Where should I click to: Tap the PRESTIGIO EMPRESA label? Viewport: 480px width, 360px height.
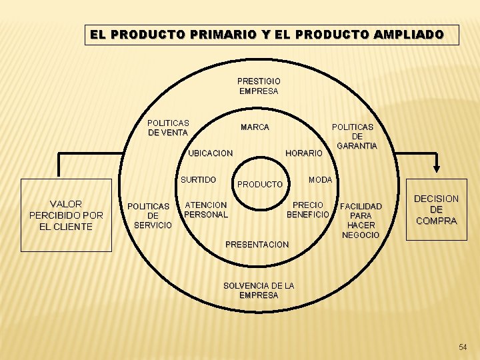coord(259,86)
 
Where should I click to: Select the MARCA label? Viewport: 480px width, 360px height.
coord(255,127)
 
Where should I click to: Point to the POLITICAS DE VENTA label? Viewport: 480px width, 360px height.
coord(168,127)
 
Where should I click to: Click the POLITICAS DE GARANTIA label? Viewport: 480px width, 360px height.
coord(357,136)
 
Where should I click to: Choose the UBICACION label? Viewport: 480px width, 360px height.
coord(210,153)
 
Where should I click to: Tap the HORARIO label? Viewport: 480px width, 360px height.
coord(303,153)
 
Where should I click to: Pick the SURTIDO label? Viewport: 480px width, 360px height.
coord(198,180)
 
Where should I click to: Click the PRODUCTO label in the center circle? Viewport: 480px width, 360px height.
coord(260,184)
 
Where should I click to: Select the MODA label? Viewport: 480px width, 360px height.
coord(320,180)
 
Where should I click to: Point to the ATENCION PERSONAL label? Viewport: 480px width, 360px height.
coord(206,209)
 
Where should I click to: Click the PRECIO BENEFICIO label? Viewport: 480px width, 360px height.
coord(307,209)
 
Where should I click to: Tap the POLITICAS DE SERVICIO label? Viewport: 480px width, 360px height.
coord(153,215)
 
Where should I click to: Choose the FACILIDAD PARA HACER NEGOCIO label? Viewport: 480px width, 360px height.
coord(361,221)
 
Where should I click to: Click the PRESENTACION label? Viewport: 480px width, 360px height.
coord(257,245)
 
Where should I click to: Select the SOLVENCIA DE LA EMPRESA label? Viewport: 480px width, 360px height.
coord(259,290)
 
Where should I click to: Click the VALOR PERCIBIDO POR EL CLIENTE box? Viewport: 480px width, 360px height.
coord(66,215)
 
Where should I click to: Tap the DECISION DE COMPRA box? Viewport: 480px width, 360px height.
coord(436,209)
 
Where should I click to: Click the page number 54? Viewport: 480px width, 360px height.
coord(463,347)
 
